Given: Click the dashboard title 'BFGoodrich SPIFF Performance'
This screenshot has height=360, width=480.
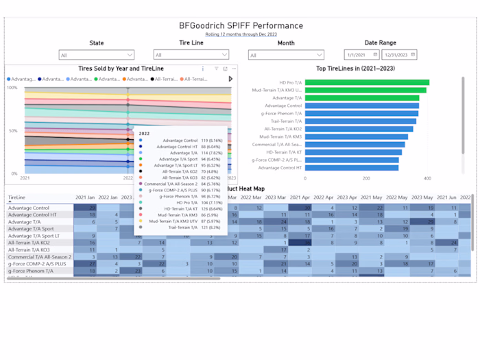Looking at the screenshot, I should coord(241,26).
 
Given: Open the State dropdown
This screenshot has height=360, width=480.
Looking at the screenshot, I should coord(96,55).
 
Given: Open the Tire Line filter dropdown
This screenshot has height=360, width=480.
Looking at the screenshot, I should coord(191,55).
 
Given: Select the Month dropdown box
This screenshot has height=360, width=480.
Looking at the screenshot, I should coord(285,55).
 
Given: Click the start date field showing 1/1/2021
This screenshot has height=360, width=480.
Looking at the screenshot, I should coord(361,55).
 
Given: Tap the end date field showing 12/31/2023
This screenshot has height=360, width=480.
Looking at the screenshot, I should coord(399,55).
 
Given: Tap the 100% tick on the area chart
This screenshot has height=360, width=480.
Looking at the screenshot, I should coord(12,88).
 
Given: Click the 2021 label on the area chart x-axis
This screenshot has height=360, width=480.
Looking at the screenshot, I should coord(25,178).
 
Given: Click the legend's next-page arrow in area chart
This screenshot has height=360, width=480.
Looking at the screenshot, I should coord(230,79).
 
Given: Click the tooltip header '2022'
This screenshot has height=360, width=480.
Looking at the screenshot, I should coord(145,134).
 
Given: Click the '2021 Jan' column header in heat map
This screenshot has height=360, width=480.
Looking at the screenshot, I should coord(85,197).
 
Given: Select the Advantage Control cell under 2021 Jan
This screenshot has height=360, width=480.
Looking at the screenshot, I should coord(85,207).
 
